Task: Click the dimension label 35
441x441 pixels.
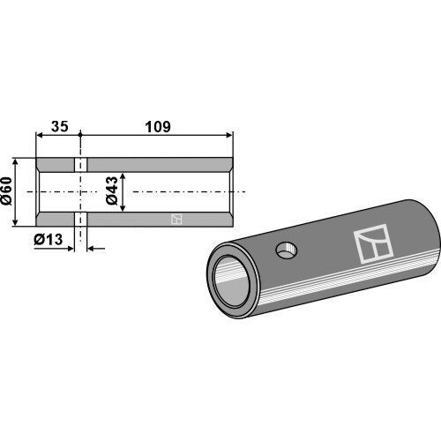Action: [60, 126]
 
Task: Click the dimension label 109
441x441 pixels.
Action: [158, 126]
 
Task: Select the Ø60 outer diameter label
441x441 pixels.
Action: [6, 191]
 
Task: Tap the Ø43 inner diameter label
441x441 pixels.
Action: [112, 191]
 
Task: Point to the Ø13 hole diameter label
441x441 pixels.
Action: [49, 240]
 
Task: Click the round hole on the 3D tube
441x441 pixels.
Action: [287, 250]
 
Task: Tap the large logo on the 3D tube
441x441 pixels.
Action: [373, 243]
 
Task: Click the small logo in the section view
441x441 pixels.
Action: [176, 219]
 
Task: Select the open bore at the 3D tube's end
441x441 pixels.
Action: [231, 281]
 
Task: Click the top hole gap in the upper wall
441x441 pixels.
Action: [80, 165]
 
